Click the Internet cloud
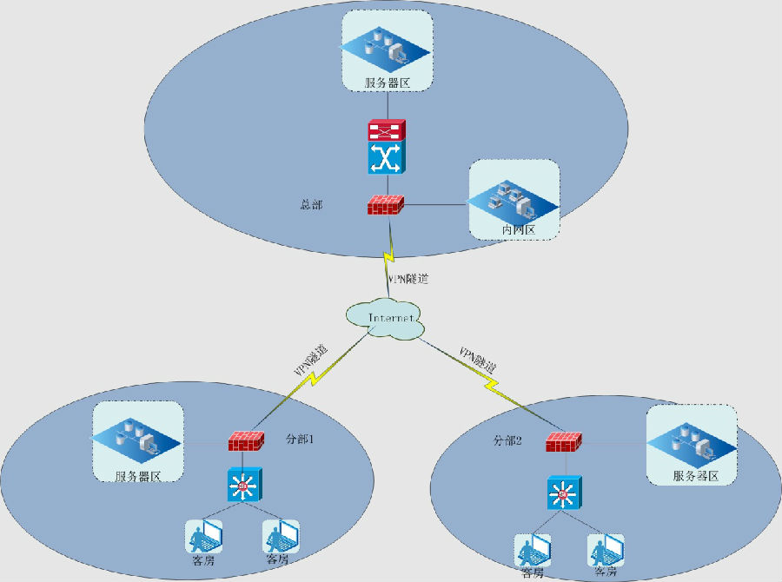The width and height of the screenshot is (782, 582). click(387, 320)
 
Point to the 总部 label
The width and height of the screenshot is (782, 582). click(310, 205)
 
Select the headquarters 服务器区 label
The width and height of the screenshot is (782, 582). click(387, 83)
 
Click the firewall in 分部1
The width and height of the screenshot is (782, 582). click(247, 440)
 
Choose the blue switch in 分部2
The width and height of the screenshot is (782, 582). click(563, 494)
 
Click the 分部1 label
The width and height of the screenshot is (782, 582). click(299, 440)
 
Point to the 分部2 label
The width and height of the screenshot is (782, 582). click(507, 440)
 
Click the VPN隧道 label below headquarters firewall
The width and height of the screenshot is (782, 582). click(408, 279)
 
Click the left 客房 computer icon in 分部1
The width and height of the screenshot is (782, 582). click(202, 536)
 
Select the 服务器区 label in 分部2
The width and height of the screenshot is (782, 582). click(695, 476)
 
